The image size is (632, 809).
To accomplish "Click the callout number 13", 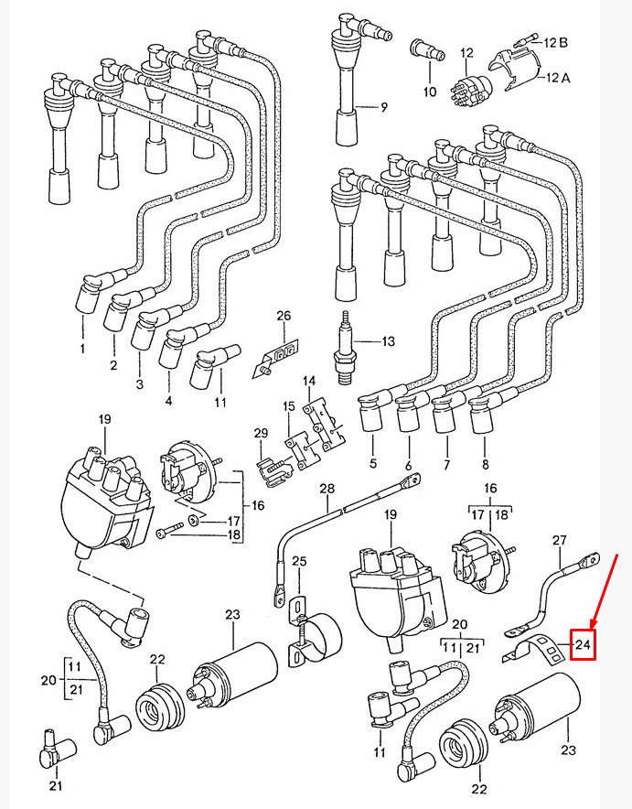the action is click(x=388, y=341).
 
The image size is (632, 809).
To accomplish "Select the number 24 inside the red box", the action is click(x=583, y=644).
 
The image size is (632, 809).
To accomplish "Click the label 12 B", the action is click(x=556, y=42).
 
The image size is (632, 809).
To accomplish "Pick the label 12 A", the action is click(x=558, y=78).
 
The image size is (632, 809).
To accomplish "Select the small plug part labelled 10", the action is click(x=426, y=50).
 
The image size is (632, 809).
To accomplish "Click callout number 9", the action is click(x=383, y=108).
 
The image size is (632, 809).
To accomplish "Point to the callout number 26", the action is click(x=284, y=315).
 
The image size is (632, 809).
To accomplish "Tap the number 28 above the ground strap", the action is click(x=327, y=488).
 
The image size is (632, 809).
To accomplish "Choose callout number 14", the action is click(x=309, y=381).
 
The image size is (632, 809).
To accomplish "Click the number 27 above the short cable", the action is click(x=560, y=540).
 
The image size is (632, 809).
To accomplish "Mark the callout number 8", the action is click(x=485, y=464).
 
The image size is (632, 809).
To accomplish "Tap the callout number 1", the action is click(x=82, y=349).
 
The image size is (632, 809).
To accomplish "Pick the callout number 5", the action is click(x=373, y=463).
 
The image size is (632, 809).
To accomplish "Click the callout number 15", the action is click(x=289, y=406).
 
